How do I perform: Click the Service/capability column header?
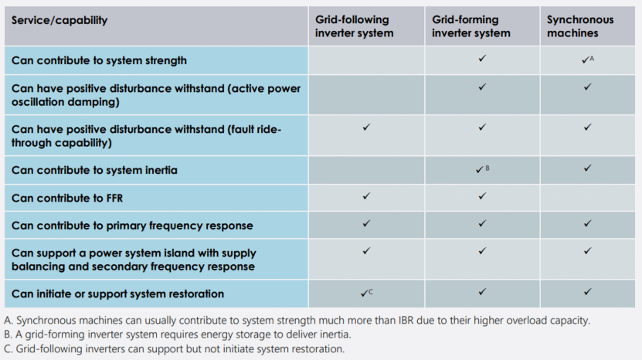click(59, 20)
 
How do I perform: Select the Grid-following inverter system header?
click(354, 26)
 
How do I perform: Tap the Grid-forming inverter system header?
click(470, 26)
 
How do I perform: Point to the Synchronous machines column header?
click(580, 26)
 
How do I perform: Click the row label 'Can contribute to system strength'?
click(99, 60)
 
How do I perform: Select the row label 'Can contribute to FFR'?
click(67, 198)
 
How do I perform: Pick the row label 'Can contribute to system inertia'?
click(94, 170)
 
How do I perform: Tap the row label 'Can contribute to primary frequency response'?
click(132, 226)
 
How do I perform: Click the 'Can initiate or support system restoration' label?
click(118, 294)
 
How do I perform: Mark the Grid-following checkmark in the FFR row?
click(366, 196)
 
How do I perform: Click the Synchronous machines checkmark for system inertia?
click(588, 168)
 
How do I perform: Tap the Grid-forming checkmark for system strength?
click(482, 59)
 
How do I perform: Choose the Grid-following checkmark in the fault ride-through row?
click(366, 127)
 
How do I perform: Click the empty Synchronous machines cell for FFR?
click(588, 198)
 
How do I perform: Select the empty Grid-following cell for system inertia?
click(366, 170)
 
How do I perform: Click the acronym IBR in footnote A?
click(406, 321)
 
